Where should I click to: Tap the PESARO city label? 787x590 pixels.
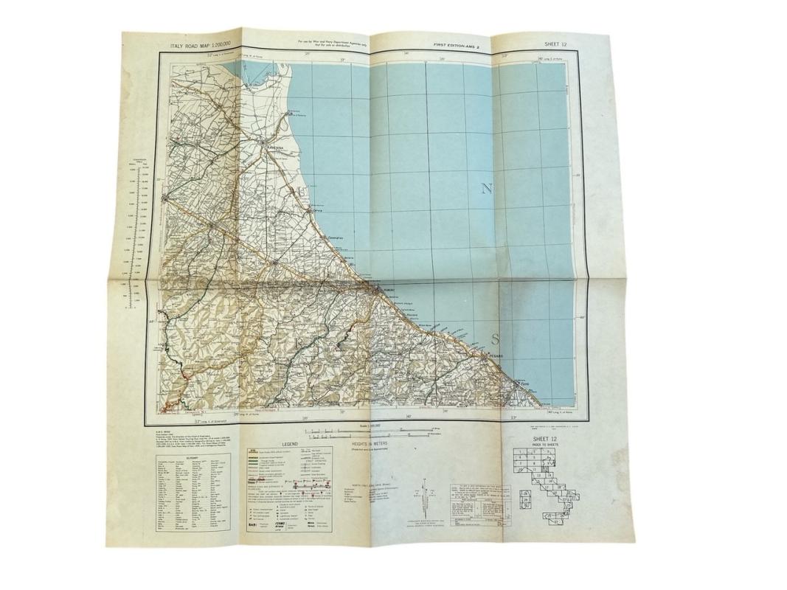tap(495, 356)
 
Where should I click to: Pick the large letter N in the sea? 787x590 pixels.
tap(487, 189)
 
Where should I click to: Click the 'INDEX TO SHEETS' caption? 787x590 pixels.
tap(546, 448)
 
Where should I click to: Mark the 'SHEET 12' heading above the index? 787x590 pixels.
tap(546, 441)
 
